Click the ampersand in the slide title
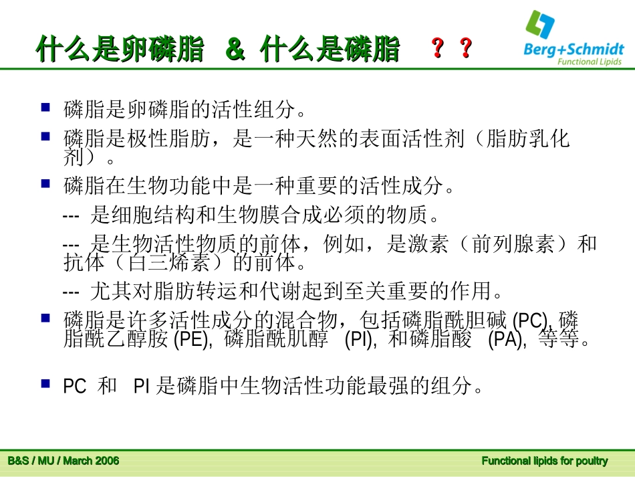(235, 50)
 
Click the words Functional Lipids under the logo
(589, 62)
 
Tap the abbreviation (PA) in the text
(507, 340)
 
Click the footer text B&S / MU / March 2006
(63, 461)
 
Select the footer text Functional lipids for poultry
(545, 461)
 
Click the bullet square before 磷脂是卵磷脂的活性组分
(45, 106)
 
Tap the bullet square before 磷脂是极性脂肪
(45, 136)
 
